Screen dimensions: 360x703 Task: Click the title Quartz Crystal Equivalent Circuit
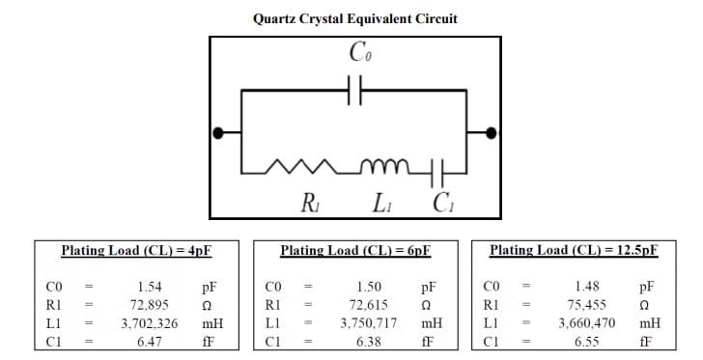click(354, 18)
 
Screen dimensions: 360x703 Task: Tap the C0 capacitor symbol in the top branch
click(353, 90)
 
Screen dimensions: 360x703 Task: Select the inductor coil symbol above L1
click(382, 168)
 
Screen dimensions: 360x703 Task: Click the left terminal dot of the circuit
click(220, 132)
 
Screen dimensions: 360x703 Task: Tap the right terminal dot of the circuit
click(492, 132)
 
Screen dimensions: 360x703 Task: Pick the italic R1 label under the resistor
click(311, 203)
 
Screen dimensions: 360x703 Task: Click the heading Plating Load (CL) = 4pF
click(136, 251)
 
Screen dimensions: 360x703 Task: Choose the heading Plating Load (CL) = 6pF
click(354, 251)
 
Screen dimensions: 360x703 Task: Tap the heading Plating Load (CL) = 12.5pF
click(574, 251)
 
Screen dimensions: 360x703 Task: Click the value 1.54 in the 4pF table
click(148, 287)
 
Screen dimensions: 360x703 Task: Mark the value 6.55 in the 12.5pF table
click(587, 342)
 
